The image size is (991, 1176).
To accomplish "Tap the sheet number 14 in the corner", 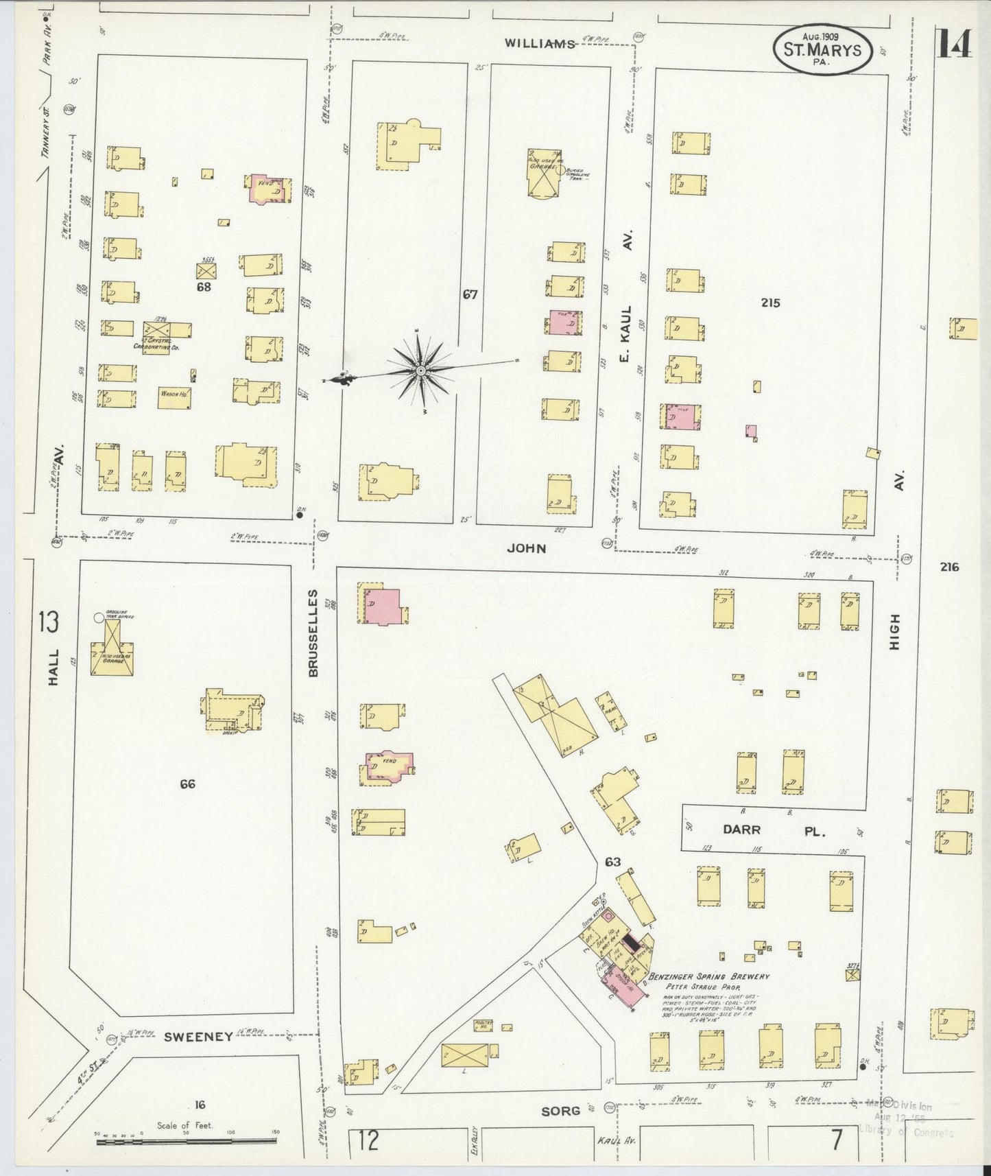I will [953, 46].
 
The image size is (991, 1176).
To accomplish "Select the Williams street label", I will [539, 43].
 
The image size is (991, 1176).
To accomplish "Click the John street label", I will [527, 548].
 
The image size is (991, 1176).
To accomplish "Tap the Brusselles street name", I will [313, 633].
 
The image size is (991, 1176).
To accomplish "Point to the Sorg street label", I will [560, 1110].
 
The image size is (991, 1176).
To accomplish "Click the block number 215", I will [770, 303].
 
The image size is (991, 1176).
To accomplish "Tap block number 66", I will [187, 784].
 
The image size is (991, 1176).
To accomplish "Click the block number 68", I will [204, 287].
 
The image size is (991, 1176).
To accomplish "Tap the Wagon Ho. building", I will [174, 397].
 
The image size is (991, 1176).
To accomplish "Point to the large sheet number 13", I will [49, 623].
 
